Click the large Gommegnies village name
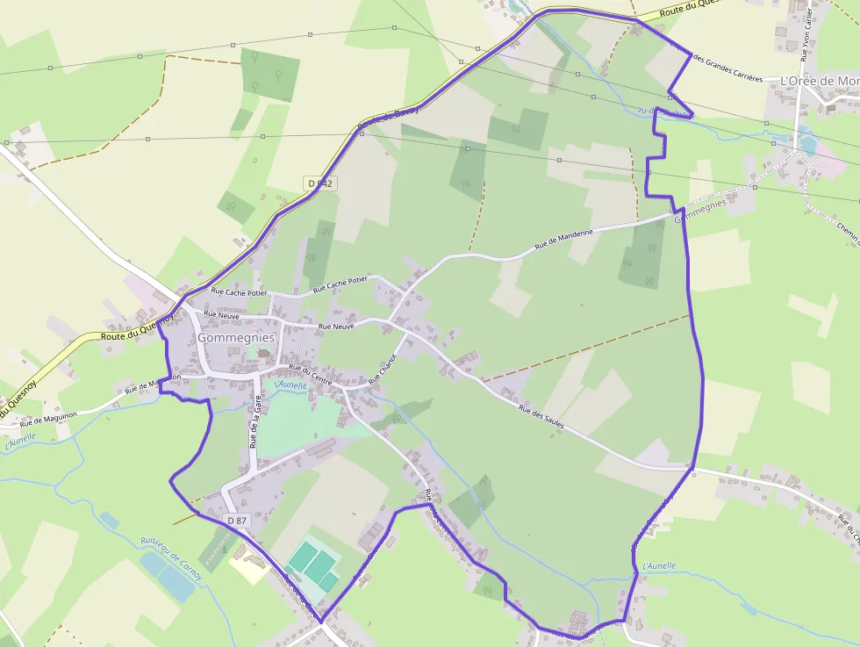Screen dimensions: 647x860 236,337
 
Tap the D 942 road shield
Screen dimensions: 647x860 321,183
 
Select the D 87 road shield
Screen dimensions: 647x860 237,521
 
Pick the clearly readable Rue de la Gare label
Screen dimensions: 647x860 256,422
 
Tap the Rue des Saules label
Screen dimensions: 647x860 540,416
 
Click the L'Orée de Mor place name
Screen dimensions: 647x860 820,81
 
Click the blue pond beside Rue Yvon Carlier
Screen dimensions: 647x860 806,139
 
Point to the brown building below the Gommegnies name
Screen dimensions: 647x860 263,353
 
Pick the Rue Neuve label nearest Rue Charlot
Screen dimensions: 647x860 336,327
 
